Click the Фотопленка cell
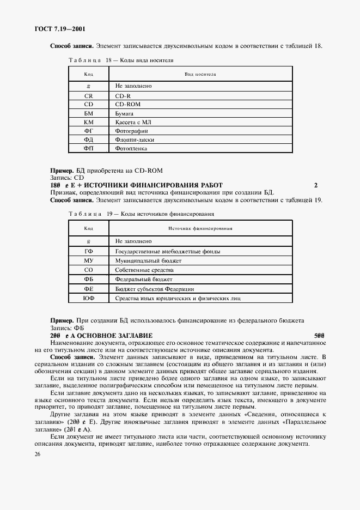(131, 148)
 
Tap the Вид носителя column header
(200, 74)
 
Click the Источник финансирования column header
(200, 228)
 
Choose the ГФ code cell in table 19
(88, 251)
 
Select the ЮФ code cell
(88, 298)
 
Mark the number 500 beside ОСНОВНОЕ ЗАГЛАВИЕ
(319, 335)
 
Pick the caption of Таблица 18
(121, 60)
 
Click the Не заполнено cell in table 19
(133, 241)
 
